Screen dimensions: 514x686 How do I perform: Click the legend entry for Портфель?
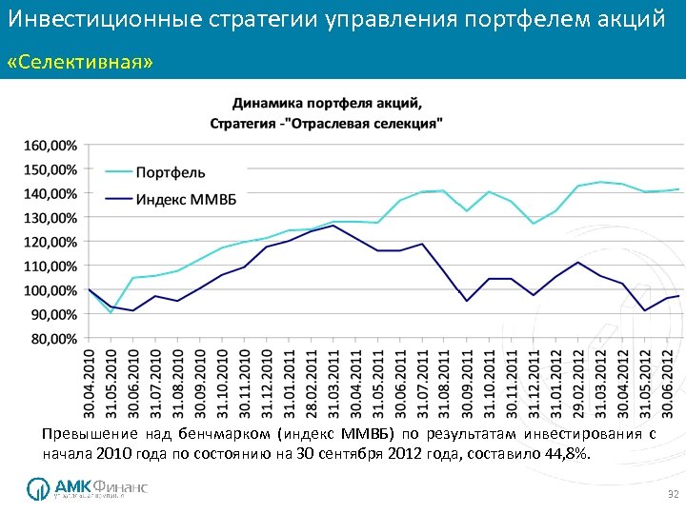click(x=170, y=172)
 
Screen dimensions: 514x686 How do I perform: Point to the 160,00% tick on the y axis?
click(x=50, y=146)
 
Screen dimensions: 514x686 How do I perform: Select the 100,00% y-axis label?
click(x=50, y=290)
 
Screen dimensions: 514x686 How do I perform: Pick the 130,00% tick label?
click(x=50, y=218)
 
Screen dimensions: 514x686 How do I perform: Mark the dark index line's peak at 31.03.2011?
click(x=333, y=226)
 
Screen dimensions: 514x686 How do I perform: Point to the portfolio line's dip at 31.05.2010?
click(x=111, y=312)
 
